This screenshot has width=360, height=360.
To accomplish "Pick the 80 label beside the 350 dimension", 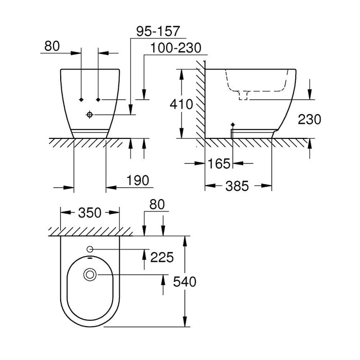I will (156, 204).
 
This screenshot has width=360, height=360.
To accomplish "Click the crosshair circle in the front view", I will (91, 114).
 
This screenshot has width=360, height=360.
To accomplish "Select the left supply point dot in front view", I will (82, 98).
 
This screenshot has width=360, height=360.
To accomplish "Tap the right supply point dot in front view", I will (98, 98).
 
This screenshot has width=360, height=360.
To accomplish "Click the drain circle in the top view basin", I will (91, 275).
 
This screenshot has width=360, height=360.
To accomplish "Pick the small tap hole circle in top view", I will (91, 249).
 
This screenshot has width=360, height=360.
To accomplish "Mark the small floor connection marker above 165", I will (232, 125).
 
